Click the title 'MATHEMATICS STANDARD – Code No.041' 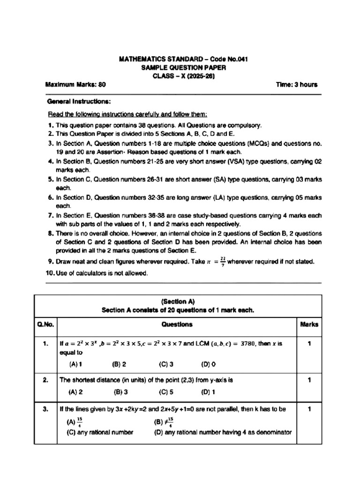pos(183,59)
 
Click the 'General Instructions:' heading pos(79,101)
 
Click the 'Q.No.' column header pos(45,324)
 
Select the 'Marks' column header pos(309,324)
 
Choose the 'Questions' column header pos(177,324)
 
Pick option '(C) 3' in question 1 pos(166,364)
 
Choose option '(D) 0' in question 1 pos(209,364)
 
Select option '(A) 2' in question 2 pos(75,392)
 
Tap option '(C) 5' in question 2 pos(166,392)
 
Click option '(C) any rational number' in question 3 pos(100,432)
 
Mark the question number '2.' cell pos(45,380)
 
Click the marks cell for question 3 pos(309,409)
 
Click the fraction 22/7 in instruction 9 pos(222,262)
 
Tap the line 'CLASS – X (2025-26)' pos(183,76)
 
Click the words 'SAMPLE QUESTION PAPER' pos(183,68)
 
